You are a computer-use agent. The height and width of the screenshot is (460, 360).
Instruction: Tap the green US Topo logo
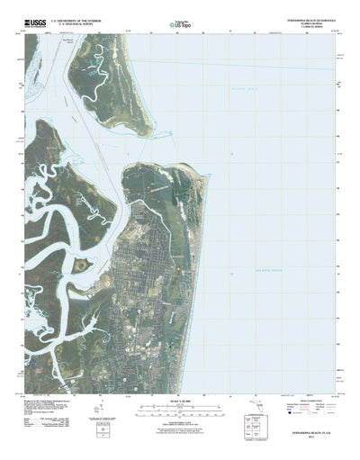[x=180, y=27]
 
